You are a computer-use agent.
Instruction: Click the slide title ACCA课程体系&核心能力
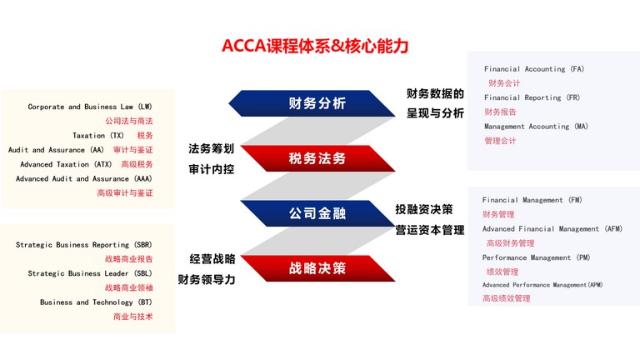tap(315, 45)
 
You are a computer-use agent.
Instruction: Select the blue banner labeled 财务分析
tap(312, 103)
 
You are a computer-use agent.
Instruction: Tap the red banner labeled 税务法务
tap(317, 158)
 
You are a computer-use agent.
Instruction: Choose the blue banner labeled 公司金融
tap(317, 213)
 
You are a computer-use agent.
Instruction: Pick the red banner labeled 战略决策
tap(317, 268)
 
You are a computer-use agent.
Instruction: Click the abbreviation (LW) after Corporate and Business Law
tap(145, 107)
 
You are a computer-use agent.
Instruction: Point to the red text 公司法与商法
tap(129, 121)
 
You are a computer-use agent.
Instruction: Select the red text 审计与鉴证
tap(133, 150)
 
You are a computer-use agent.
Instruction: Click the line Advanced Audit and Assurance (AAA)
tap(84, 179)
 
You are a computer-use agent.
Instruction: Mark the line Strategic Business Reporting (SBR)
tap(84, 245)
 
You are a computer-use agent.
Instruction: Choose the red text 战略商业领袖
tap(129, 287)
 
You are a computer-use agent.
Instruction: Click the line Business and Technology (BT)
tap(96, 302)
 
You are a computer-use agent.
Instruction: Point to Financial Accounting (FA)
tap(534, 69)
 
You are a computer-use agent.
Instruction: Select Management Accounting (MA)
tap(537, 127)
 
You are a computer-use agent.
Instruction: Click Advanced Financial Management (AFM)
tap(552, 229)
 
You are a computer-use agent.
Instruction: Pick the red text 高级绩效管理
tap(507, 298)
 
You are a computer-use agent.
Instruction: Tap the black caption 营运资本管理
tap(430, 230)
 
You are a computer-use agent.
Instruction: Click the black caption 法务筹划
tap(212, 148)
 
